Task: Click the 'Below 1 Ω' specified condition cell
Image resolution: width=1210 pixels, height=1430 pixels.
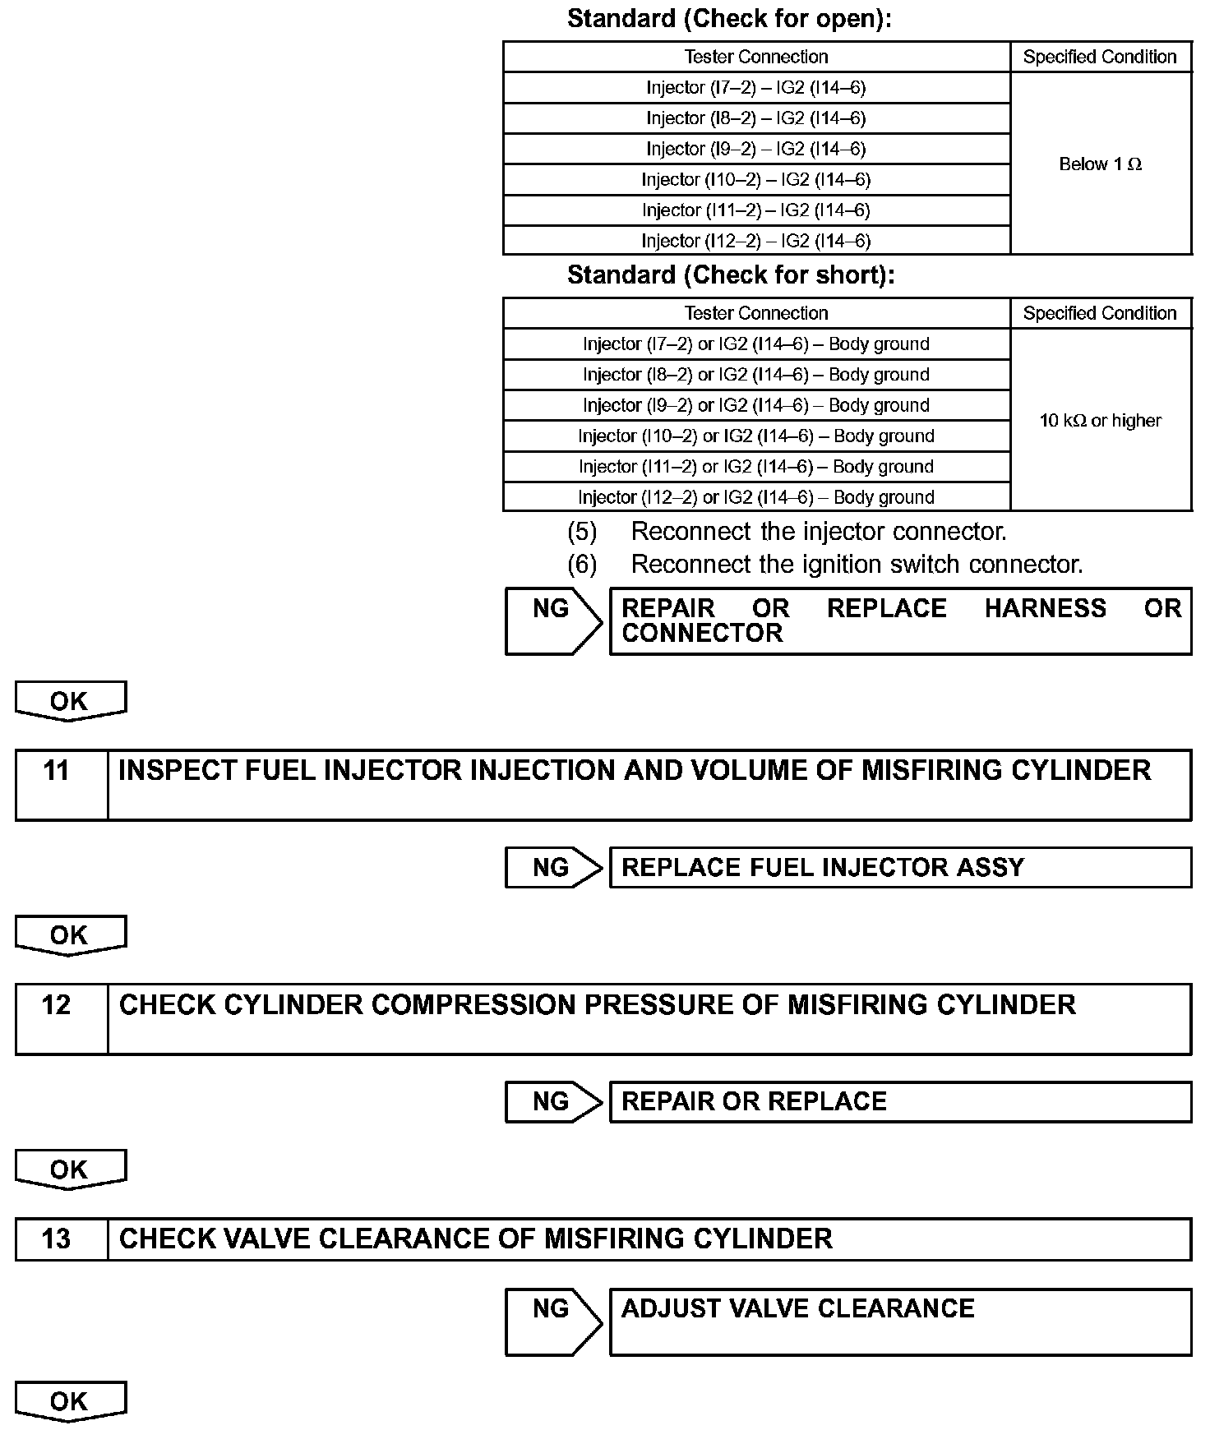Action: pyautogui.click(x=1100, y=164)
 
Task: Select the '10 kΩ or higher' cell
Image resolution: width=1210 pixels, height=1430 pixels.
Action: pyautogui.click(x=1100, y=420)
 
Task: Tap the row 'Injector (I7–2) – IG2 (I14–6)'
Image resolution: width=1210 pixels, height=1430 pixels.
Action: pyautogui.click(x=755, y=87)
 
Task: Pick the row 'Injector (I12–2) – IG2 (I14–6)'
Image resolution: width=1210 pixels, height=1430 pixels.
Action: pyautogui.click(x=755, y=241)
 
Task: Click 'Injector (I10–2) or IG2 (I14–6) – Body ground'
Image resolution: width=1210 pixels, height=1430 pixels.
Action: pyautogui.click(x=755, y=436)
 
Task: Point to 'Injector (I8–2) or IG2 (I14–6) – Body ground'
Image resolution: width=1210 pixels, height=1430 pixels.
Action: pyautogui.click(x=755, y=375)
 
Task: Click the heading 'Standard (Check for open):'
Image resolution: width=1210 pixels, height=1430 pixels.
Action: pyautogui.click(x=729, y=19)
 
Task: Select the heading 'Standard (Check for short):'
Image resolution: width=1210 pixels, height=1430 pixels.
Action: pyautogui.click(x=731, y=274)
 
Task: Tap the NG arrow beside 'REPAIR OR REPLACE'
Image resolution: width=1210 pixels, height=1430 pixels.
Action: pyautogui.click(x=553, y=1101)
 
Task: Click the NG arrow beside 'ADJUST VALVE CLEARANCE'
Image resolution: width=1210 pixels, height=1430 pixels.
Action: pyautogui.click(x=553, y=1321)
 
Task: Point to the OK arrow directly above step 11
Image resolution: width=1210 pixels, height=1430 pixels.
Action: pyautogui.click(x=70, y=701)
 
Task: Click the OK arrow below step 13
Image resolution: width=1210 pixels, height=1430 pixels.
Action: pyautogui.click(x=70, y=1401)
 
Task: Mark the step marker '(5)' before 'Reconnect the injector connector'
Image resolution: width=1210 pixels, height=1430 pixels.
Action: pyautogui.click(x=582, y=532)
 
